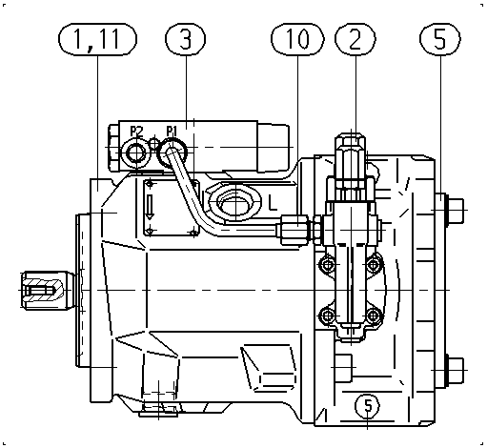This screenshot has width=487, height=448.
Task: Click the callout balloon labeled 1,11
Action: (97, 39)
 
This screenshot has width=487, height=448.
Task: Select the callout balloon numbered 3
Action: (186, 39)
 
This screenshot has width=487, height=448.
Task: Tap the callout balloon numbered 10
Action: (297, 39)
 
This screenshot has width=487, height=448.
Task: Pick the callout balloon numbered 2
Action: (355, 39)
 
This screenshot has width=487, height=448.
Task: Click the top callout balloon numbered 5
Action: (440, 39)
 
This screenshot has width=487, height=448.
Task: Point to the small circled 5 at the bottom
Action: (368, 405)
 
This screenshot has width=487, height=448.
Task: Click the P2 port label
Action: (136, 131)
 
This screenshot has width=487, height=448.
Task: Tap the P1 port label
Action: (172, 131)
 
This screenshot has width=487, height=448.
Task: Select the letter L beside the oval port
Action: (273, 203)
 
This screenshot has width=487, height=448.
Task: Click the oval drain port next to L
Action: (235, 203)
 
